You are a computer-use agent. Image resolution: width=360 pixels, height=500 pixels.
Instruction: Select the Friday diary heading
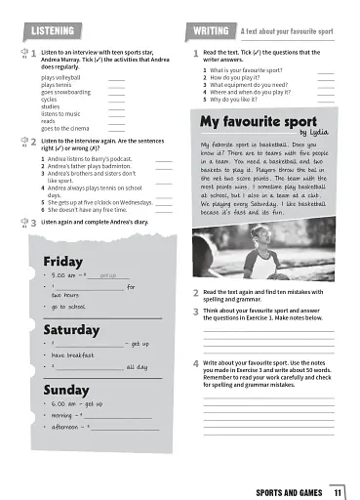click(63, 261)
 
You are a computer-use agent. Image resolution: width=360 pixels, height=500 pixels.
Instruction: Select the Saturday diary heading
click(71, 329)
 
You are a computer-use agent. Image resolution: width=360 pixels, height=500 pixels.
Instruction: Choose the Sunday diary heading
click(66, 389)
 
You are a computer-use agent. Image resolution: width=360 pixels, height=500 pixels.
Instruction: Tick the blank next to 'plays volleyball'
click(116, 76)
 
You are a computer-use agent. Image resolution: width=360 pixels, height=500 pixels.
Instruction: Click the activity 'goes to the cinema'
click(65, 128)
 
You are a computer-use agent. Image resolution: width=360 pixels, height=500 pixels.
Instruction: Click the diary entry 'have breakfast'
click(71, 355)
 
